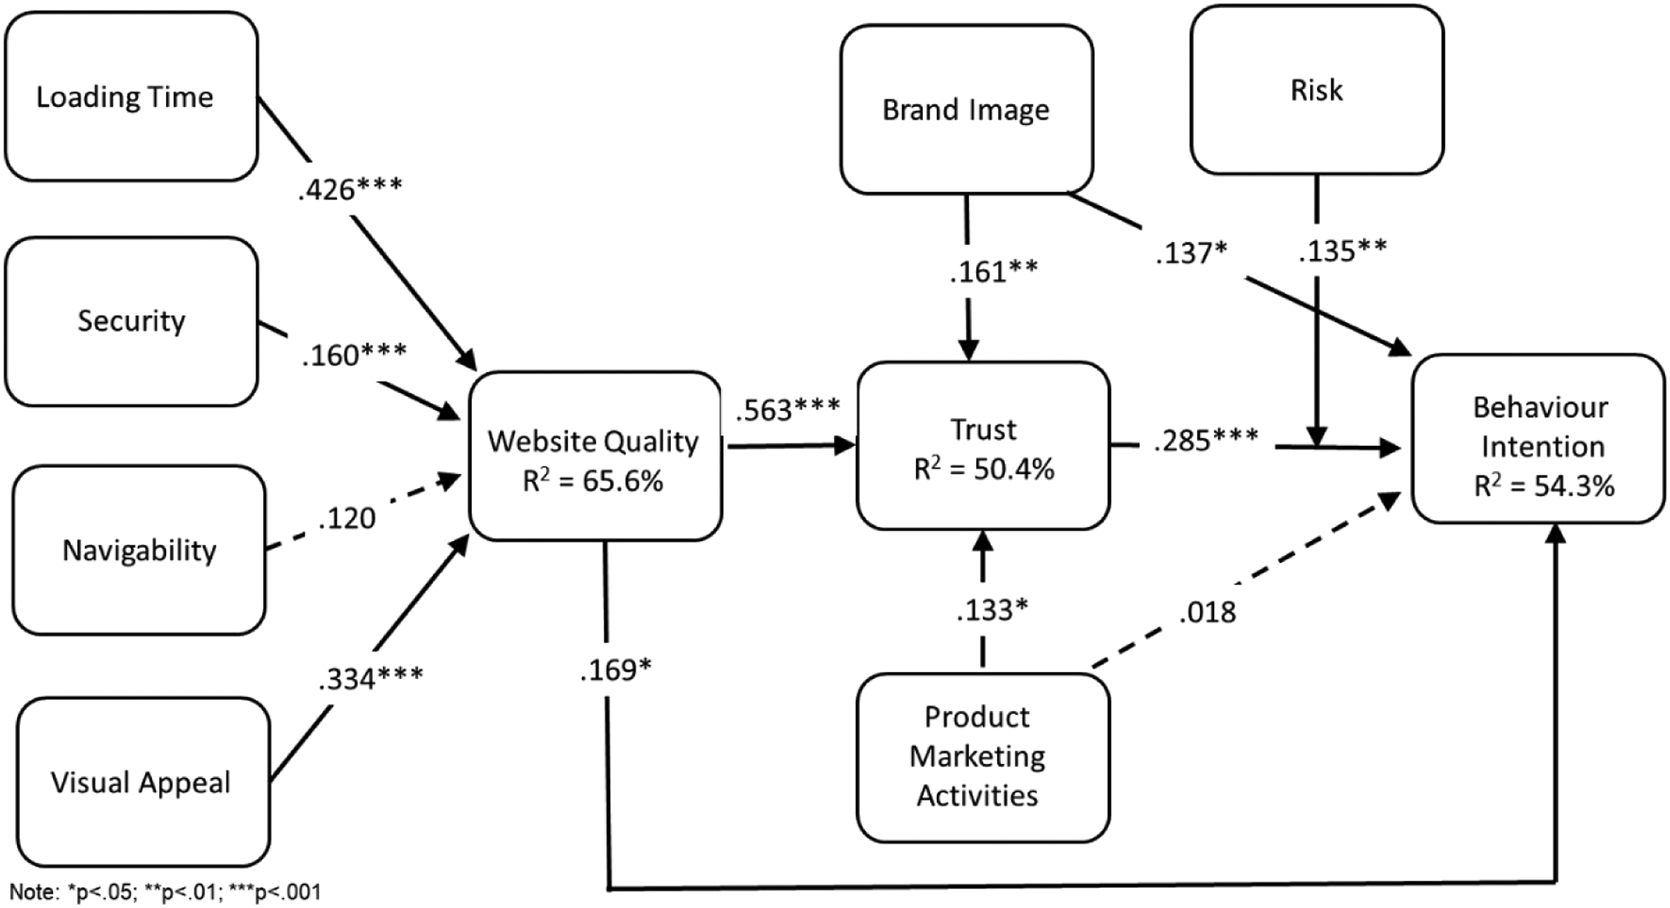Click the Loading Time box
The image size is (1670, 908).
(x=132, y=96)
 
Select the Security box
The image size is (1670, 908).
(x=132, y=322)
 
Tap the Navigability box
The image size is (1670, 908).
(x=139, y=550)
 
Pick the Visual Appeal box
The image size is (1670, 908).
(x=143, y=782)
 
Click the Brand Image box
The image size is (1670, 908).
(x=967, y=109)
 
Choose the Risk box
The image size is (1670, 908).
(x=1317, y=90)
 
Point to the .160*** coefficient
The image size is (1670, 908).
(x=354, y=354)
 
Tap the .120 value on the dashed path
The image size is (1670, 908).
(x=347, y=518)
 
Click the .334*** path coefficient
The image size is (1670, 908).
(x=371, y=679)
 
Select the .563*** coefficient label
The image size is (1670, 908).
(x=788, y=409)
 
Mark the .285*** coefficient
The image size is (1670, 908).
(x=1206, y=440)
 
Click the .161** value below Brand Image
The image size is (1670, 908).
(x=994, y=271)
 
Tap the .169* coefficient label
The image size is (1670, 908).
(x=616, y=670)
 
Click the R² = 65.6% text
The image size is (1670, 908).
(x=593, y=481)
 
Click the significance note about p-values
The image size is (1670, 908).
(x=165, y=892)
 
